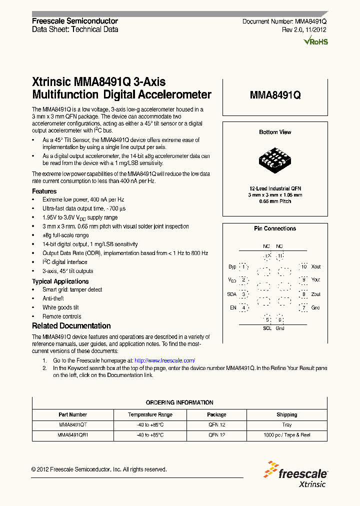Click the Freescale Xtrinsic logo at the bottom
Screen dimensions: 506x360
click(x=297, y=477)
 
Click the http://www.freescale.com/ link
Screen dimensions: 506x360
click(x=165, y=360)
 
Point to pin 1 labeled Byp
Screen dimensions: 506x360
click(x=243, y=267)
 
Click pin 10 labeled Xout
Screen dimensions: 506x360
click(x=303, y=267)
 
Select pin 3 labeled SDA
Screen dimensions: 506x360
click(x=243, y=294)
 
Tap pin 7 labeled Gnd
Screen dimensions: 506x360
click(x=303, y=307)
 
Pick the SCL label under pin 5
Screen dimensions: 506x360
click(x=267, y=328)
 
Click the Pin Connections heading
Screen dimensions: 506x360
click(x=275, y=228)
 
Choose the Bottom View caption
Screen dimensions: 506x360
click(x=275, y=132)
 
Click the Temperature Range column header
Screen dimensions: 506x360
click(x=150, y=414)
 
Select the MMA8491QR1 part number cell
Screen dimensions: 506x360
click(x=73, y=435)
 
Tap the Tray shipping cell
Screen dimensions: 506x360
click(x=286, y=424)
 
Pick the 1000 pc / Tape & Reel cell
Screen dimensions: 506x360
click(x=286, y=435)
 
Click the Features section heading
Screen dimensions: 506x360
click(x=44, y=191)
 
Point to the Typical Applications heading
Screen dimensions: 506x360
click(x=60, y=281)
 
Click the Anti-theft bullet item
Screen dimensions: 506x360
click(x=53, y=298)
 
